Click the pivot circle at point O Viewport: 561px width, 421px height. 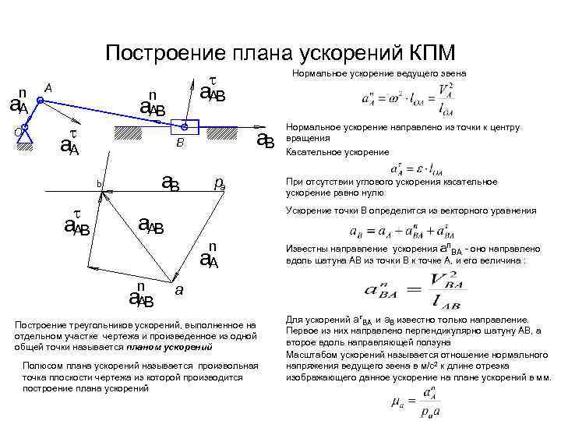pyautogui.click(x=25, y=127)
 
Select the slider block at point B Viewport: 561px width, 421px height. pyautogui.click(x=185, y=127)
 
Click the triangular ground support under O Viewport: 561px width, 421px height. pyautogui.click(x=25, y=139)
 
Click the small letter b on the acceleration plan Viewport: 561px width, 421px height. pyautogui.click(x=99, y=184)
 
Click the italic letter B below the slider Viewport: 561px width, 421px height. pyautogui.click(x=179, y=144)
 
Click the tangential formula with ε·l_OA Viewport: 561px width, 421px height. pyautogui.click(x=413, y=169)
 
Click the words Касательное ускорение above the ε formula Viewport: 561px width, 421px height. pyautogui.click(x=328, y=151)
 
